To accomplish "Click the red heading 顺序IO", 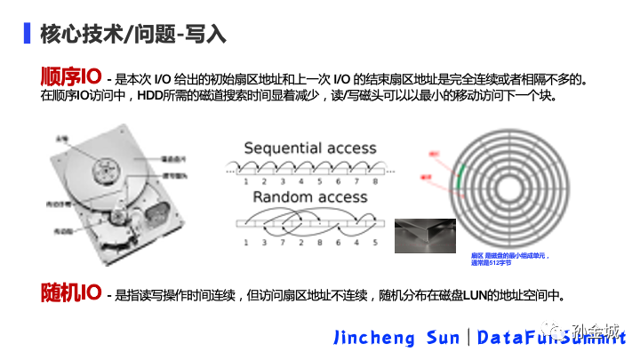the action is point(71,76).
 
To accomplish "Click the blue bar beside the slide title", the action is point(26,34).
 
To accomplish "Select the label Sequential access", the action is point(310,148).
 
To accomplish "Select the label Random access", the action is point(310,196).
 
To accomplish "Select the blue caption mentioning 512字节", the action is point(510,259).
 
